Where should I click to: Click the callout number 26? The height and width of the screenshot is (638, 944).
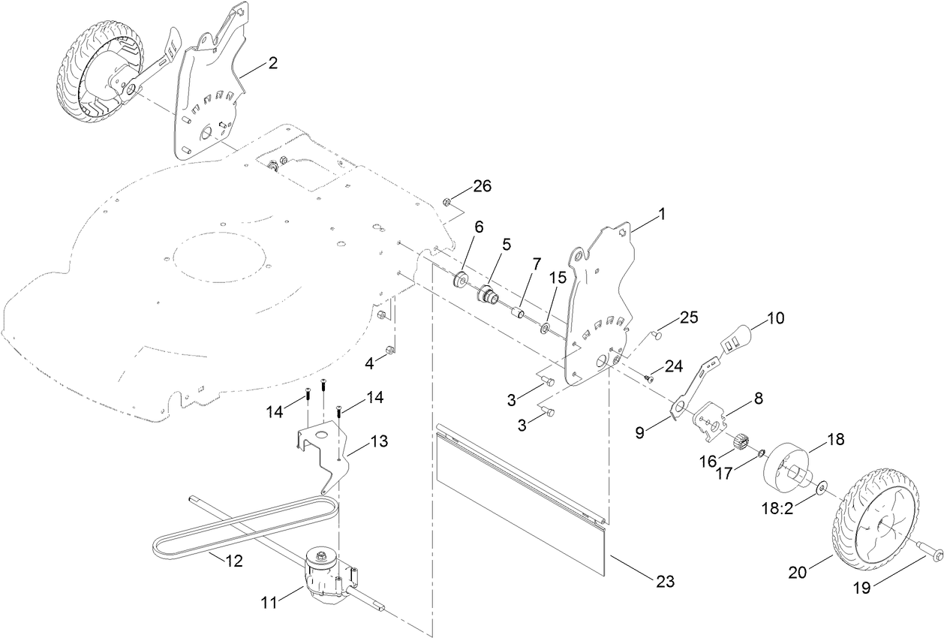[x=482, y=186]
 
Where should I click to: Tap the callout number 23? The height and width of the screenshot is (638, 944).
[x=665, y=580]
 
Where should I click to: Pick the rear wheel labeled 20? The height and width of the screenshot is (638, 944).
[x=873, y=518]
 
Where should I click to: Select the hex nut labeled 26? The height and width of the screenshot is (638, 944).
[x=446, y=200]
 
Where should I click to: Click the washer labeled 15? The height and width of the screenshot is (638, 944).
[x=546, y=327]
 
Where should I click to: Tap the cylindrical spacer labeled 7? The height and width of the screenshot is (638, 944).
[x=516, y=310]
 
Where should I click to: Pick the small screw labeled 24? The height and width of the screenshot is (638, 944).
[x=648, y=378]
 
